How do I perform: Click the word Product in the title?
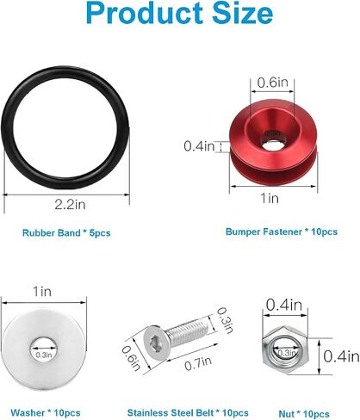coord(145,13)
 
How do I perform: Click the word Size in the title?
coord(243,13)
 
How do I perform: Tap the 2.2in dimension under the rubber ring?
coord(70,205)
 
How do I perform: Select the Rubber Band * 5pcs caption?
coord(66,232)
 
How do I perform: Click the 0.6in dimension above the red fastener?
coord(272,83)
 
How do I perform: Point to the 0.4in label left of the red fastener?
coord(199,146)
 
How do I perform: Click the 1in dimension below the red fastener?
coord(270,198)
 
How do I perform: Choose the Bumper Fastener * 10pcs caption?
coord(282,232)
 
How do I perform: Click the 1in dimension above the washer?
coord(42,292)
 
